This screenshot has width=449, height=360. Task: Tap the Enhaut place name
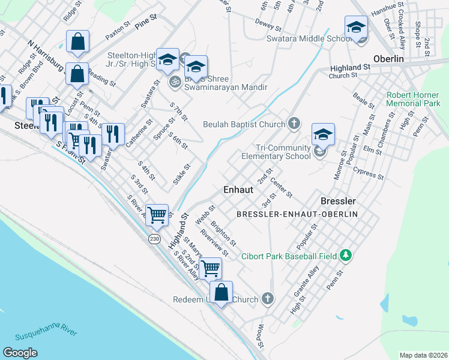pyautogui.click(x=238, y=188)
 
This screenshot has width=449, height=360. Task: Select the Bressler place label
pyautogui.click(x=339, y=200)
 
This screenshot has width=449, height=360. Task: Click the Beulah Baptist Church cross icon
pyautogui.click(x=294, y=124)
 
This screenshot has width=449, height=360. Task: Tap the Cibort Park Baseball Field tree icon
pyautogui.click(x=345, y=256)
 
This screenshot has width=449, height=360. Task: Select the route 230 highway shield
pyautogui.click(x=154, y=238)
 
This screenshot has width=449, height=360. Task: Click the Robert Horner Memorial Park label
pyautogui.click(x=414, y=99)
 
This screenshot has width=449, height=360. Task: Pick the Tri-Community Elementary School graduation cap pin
pyautogui.click(x=322, y=135)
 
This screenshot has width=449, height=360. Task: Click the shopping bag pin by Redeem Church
pyautogui.click(x=221, y=293)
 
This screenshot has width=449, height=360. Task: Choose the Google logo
pyautogui.click(x=20, y=353)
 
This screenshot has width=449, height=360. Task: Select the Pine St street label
pyautogui.click(x=146, y=22)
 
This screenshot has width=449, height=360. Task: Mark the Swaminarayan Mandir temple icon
pyautogui.click(x=175, y=81)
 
